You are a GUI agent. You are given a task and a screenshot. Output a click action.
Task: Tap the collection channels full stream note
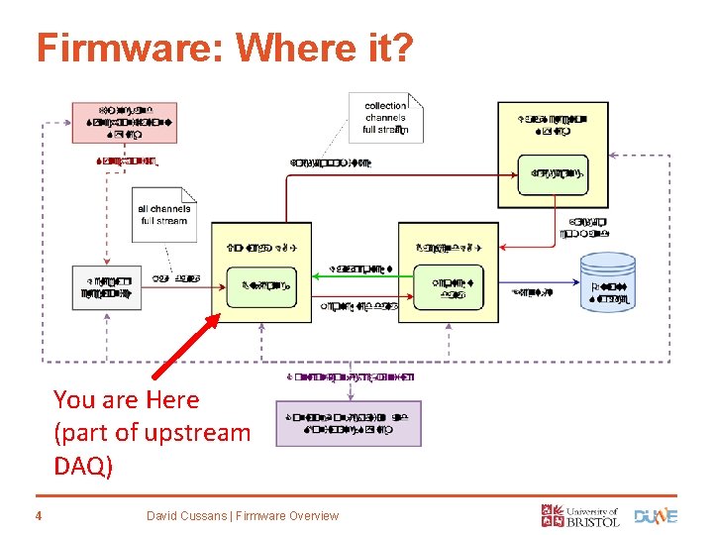[x=385, y=117]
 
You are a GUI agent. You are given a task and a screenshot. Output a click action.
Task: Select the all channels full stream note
[x=164, y=213]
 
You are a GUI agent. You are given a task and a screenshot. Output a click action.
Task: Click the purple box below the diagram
[x=348, y=423]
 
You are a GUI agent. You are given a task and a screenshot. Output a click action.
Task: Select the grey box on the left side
[x=107, y=287]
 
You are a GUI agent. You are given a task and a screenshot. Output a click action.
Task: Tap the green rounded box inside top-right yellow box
[x=553, y=174]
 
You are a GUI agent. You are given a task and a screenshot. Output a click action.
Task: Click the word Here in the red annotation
[x=171, y=400]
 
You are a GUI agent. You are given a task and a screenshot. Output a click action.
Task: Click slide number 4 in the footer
[x=38, y=515]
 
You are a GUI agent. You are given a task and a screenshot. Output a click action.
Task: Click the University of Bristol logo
[x=579, y=515]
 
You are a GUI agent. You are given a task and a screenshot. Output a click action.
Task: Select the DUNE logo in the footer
[x=656, y=515]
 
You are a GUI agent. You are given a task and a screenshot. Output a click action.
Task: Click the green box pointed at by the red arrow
[x=261, y=287]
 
